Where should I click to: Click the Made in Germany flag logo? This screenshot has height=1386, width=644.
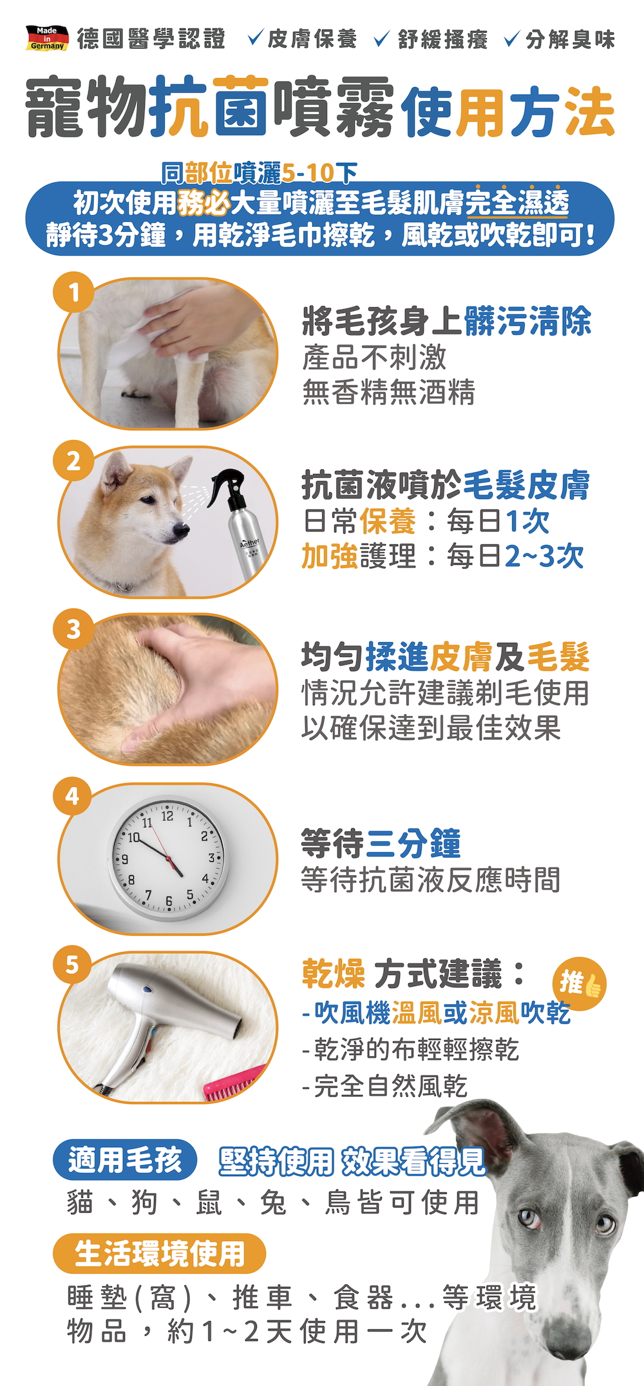46,38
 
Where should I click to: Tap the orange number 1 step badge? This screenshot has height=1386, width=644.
74,293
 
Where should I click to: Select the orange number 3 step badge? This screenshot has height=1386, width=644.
74,629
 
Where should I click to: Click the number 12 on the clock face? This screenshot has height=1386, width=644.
167,816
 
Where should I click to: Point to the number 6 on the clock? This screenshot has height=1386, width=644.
169,902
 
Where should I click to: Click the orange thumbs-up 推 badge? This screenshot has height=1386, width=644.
579,983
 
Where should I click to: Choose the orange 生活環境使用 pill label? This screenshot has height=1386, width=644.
159,1253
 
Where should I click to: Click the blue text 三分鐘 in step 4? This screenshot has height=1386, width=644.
413,844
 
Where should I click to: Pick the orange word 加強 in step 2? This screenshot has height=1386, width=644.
330,556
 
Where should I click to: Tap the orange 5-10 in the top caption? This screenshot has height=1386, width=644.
308,173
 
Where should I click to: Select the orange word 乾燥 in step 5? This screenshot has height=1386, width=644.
334,973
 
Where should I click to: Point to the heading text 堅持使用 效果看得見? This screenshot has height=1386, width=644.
352,1161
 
